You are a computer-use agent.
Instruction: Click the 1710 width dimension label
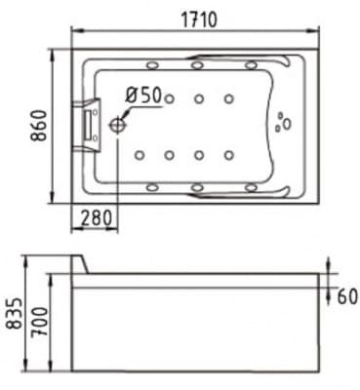199,19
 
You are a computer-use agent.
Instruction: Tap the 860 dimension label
39,126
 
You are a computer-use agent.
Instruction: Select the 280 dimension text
96,218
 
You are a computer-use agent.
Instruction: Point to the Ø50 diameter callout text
143,96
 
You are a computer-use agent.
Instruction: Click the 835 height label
15,314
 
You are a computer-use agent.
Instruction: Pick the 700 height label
41,322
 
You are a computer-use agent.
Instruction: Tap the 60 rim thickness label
347,296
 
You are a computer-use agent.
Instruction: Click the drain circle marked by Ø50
117,125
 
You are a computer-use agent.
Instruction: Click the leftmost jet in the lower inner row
140,155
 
